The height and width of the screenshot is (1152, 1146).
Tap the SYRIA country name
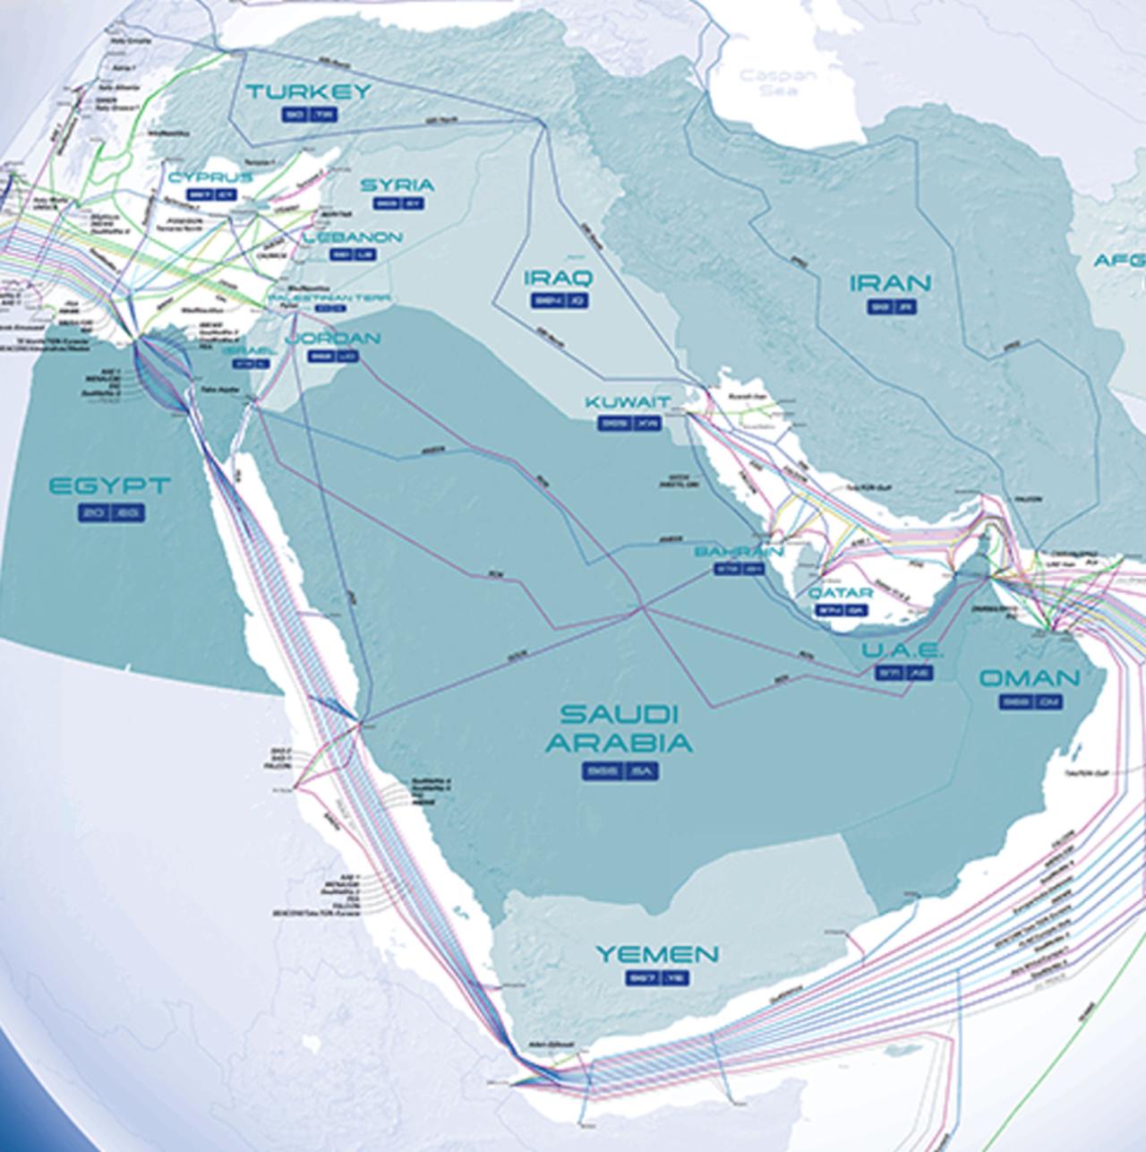(x=397, y=185)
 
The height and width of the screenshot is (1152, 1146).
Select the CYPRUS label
(x=210, y=177)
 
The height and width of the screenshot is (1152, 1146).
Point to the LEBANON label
(x=352, y=237)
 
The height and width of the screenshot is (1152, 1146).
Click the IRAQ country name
(x=558, y=277)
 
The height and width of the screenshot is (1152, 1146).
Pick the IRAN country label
(x=890, y=283)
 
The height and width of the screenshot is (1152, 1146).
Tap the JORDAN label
(x=332, y=339)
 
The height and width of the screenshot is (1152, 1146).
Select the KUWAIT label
(x=628, y=402)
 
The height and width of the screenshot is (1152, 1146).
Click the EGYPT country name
(x=109, y=486)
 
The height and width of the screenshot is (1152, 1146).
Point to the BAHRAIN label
(x=739, y=551)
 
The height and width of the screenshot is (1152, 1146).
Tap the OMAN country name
(x=1030, y=678)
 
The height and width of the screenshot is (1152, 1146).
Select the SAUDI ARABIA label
(x=620, y=728)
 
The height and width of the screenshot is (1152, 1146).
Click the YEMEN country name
(x=657, y=954)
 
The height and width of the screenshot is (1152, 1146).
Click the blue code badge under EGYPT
(x=110, y=512)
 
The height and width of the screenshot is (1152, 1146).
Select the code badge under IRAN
(x=892, y=307)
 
